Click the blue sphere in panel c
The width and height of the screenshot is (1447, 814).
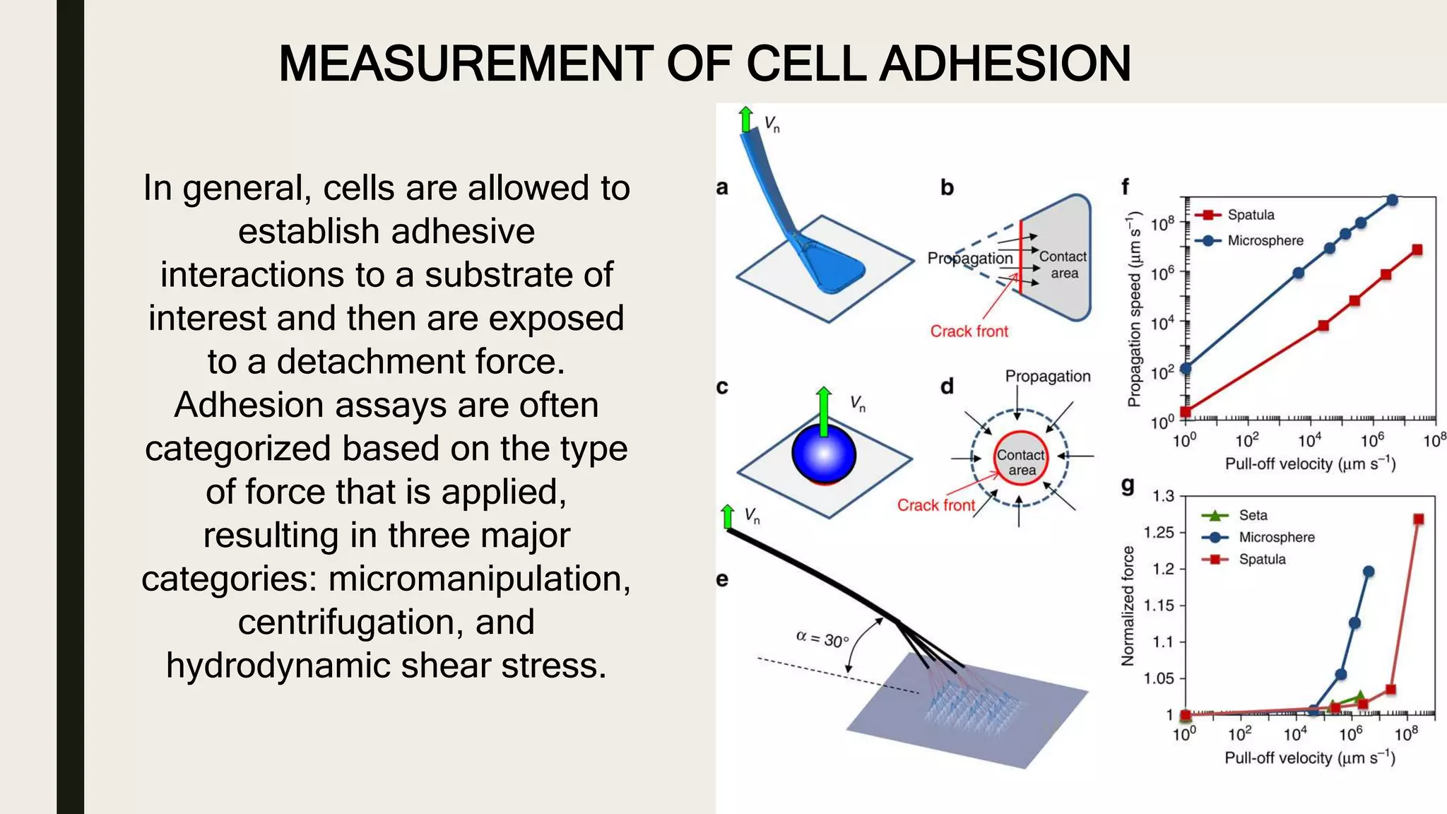[824, 454]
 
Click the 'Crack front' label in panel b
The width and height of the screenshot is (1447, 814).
[969, 331]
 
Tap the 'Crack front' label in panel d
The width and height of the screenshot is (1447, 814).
[935, 505]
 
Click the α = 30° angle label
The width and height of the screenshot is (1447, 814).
[822, 639]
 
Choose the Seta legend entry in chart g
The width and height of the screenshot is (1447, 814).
[1252, 515]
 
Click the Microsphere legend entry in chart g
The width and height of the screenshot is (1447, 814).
[1276, 537]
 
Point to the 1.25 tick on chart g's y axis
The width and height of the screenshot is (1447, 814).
[1158, 532]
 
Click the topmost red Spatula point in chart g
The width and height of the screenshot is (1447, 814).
[1418, 519]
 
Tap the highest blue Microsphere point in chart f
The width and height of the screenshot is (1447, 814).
[1392, 201]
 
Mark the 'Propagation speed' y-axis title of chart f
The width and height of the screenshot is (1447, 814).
[1134, 309]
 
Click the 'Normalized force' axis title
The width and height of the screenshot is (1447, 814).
[1128, 606]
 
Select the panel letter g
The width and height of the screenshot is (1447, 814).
[1128, 485]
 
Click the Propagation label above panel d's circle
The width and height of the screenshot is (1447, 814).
[1047, 377]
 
